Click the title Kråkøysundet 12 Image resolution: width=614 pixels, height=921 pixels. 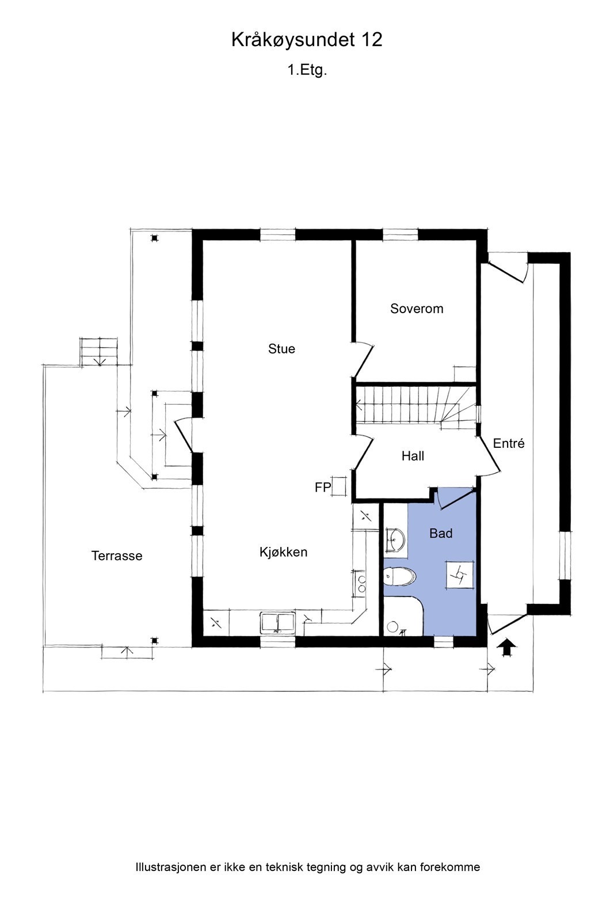coord(307,40)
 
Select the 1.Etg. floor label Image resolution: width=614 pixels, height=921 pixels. coord(307,70)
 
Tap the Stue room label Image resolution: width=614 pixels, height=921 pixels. coord(281,349)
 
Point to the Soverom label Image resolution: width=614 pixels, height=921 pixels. coord(417,309)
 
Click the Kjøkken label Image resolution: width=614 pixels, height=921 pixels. coord(283,552)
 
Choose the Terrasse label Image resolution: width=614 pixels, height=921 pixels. coord(117,555)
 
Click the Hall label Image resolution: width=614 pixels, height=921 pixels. coord(413,455)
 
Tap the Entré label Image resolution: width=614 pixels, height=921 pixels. coord(509,443)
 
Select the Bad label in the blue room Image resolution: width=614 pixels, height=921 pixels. coord(441,533)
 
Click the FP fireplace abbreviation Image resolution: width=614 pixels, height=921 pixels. coord(323,487)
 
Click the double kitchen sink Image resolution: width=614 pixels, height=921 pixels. coord(277,622)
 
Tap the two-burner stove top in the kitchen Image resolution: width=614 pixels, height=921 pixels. coord(360,584)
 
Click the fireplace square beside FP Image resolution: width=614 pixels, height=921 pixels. coord(339,486)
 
